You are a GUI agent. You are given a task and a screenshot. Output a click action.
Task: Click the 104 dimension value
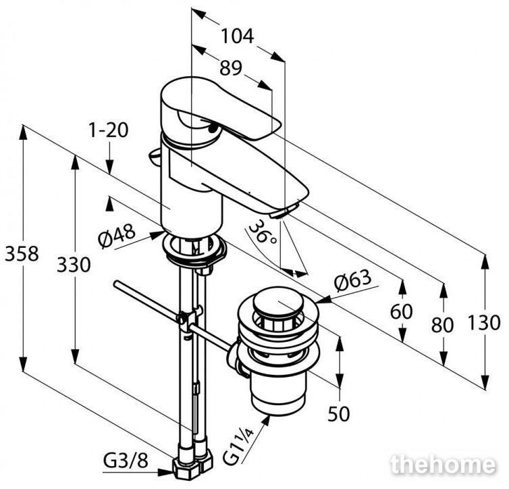click(x=237, y=36)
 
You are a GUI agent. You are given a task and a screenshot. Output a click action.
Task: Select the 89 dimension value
click(x=231, y=68)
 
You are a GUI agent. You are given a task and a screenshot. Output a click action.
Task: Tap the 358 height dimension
click(x=22, y=253)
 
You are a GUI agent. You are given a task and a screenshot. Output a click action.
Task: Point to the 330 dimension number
click(x=74, y=265)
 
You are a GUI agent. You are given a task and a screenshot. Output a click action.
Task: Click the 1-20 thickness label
click(x=109, y=130)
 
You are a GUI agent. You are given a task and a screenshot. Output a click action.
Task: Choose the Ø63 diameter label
click(x=352, y=281)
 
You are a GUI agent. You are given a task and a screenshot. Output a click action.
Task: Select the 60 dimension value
click(x=402, y=312)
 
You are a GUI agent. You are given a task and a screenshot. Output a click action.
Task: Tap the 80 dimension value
click(x=442, y=325)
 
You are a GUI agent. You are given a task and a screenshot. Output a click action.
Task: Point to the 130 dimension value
click(x=484, y=323)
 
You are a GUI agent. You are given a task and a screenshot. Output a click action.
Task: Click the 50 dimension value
click(x=339, y=414)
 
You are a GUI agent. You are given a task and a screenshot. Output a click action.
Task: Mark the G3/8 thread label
click(x=126, y=460)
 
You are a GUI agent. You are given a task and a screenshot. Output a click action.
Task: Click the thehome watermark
click(x=444, y=465)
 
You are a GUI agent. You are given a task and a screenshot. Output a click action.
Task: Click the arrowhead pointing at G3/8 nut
click(x=165, y=471)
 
